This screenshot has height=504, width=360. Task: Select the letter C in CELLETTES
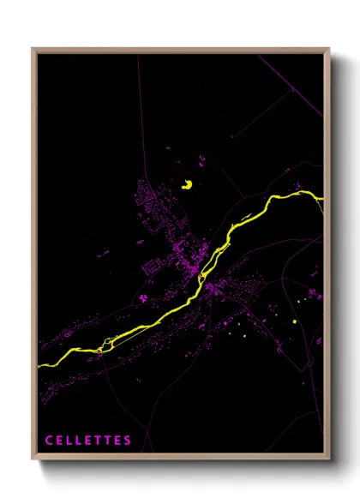tap(49, 441)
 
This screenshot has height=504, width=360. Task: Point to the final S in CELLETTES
tap(128, 441)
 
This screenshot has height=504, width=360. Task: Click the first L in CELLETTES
tap(69, 441)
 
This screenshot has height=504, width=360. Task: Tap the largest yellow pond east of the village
tap(295, 321)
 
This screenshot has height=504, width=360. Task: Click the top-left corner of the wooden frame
tap(33, 49)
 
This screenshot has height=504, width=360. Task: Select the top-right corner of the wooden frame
tap(329, 49)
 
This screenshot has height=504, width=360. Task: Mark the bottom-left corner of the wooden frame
tap(33, 459)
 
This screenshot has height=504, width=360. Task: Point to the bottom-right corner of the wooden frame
tap(329, 459)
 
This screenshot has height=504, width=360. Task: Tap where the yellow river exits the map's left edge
tap(39, 365)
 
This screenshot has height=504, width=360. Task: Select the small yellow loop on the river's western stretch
tap(105, 345)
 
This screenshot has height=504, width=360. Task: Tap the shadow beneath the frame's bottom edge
tap(184, 466)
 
